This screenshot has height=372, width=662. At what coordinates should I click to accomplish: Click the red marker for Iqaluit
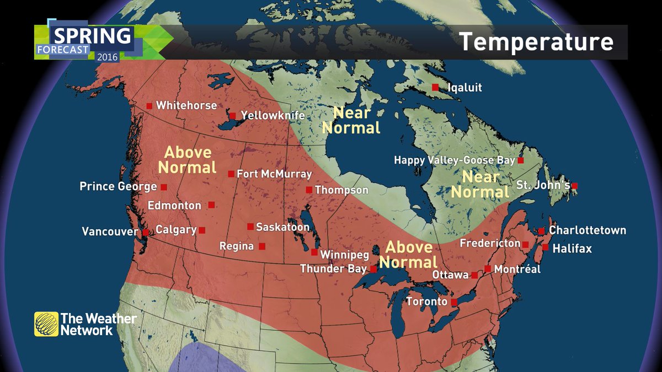[x=435, y=87]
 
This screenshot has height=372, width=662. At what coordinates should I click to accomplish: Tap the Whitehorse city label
[x=186, y=105]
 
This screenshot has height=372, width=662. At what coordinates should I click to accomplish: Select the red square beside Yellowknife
[x=232, y=116]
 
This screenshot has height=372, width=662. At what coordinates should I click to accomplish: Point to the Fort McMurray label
[x=274, y=174]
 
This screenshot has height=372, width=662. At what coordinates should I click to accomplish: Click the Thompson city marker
[x=309, y=190]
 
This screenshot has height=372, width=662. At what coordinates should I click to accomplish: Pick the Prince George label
[x=118, y=187]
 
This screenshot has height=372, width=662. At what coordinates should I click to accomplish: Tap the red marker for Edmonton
[x=211, y=205]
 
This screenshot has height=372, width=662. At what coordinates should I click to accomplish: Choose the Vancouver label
[x=109, y=232]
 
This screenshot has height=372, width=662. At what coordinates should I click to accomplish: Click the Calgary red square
[x=202, y=230]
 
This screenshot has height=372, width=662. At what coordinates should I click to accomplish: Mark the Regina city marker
[x=262, y=246]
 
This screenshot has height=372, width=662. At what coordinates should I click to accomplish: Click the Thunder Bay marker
[x=373, y=269]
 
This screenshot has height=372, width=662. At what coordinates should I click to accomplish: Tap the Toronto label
[x=426, y=302]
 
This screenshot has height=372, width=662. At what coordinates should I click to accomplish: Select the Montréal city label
[x=517, y=269]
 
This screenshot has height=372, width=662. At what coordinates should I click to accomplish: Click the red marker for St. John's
[x=575, y=186]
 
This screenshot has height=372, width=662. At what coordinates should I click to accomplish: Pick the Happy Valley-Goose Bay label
[x=454, y=160]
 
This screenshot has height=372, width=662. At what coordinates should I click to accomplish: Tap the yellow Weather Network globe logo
[x=46, y=324]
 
